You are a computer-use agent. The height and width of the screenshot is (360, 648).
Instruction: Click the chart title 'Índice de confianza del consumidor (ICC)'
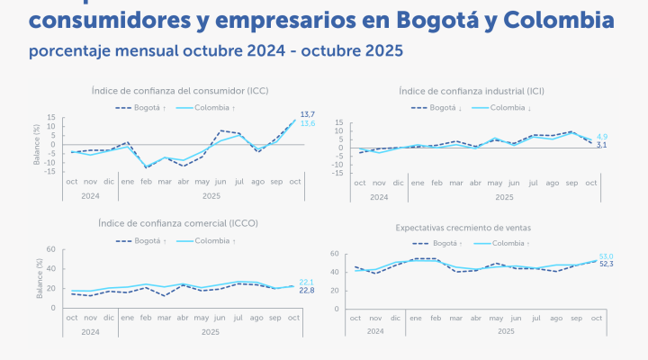(180, 91)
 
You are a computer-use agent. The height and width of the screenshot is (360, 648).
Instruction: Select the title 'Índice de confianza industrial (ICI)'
(477, 91)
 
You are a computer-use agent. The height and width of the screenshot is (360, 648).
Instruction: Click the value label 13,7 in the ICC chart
(307, 114)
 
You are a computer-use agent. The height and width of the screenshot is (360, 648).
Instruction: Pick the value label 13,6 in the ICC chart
(307, 123)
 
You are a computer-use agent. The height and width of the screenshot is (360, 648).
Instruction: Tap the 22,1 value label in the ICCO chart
(306, 282)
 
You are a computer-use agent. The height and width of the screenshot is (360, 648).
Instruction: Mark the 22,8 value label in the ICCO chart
(306, 290)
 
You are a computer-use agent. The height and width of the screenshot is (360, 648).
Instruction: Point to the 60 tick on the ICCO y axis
(51, 249)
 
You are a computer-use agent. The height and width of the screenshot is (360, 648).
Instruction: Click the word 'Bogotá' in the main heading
(437, 19)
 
